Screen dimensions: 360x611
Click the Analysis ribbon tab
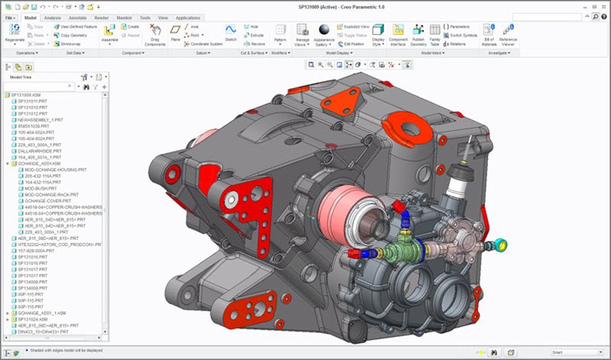click(x=53, y=16)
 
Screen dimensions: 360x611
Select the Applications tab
click(x=188, y=16)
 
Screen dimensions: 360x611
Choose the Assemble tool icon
click(x=109, y=30)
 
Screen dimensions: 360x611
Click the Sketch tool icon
click(x=230, y=30)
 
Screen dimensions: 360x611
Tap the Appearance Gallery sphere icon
click(x=323, y=30)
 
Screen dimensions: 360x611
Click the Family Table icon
click(x=435, y=30)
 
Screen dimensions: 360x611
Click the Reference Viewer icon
click(x=507, y=30)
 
